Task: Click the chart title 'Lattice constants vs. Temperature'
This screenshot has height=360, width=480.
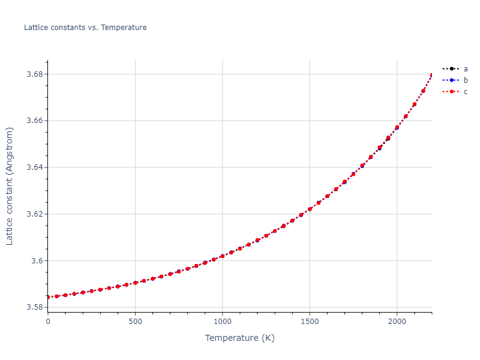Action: coord(85,28)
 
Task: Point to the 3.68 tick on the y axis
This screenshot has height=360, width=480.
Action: coord(34,74)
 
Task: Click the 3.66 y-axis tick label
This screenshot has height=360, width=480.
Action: coord(34,121)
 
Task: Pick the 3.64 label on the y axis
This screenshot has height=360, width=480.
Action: coord(34,167)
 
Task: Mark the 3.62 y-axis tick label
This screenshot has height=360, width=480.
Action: coord(34,214)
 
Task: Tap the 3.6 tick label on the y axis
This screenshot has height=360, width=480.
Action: coord(36,261)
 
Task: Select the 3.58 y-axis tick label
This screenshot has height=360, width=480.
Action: coord(34,307)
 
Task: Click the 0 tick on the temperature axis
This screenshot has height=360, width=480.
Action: coord(48,322)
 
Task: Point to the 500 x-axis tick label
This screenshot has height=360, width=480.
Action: coord(135,322)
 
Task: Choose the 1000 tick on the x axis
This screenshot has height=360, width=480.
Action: coord(223,322)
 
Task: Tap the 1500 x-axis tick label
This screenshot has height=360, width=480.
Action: coord(310,322)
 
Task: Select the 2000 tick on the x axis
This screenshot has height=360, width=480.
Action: coord(397,322)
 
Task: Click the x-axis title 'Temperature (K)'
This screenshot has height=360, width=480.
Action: coord(239,338)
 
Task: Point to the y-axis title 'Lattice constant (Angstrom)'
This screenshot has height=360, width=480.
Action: coord(10,186)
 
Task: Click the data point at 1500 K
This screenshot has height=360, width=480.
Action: coord(310,209)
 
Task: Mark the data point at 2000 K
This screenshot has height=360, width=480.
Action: coord(397,127)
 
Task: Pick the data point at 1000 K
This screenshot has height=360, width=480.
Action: coord(223,256)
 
